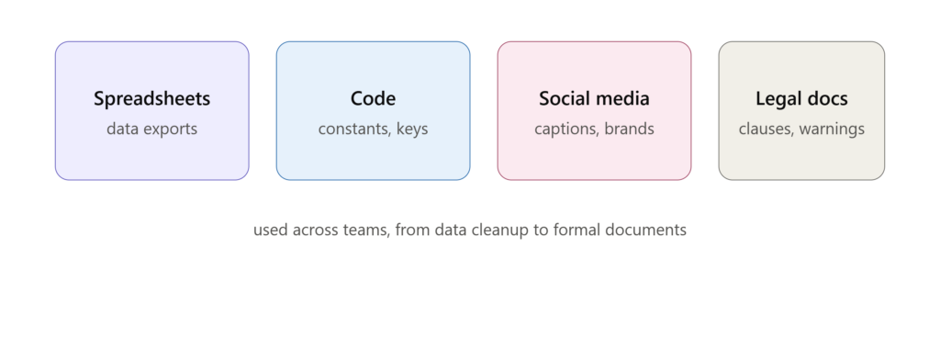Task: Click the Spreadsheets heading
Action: coord(151,99)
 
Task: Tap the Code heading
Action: coord(373,98)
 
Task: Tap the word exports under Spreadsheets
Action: coord(170,129)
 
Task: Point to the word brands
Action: coord(629,129)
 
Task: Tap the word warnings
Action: coord(832,129)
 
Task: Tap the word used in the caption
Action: coord(271,230)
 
